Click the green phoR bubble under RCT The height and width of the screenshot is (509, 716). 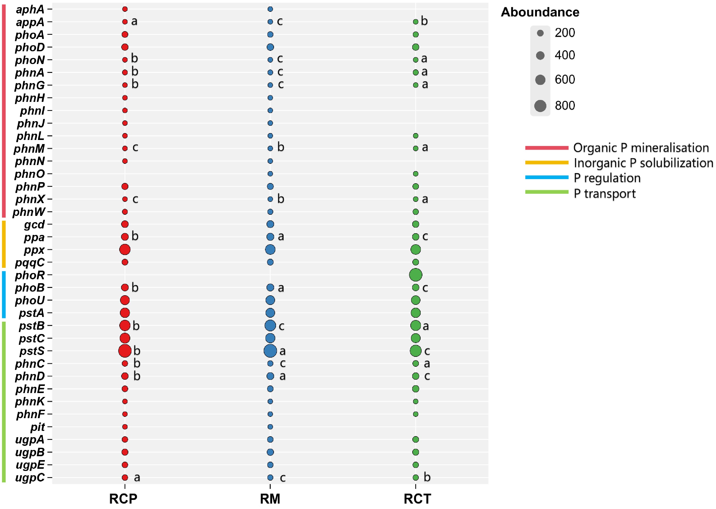click(x=415, y=275)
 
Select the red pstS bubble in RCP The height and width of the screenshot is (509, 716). click(x=125, y=351)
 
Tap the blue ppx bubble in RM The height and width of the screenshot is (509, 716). click(x=270, y=249)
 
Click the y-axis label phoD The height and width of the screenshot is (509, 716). click(x=30, y=47)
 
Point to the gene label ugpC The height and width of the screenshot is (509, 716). click(x=30, y=478)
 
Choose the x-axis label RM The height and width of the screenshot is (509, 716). click(x=270, y=499)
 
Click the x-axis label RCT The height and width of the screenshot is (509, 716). click(x=417, y=499)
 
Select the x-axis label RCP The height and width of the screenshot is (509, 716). click(x=123, y=499)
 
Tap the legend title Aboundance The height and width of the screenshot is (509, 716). click(x=540, y=12)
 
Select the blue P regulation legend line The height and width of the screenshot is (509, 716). click(x=547, y=177)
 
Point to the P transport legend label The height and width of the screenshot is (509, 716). click(x=604, y=193)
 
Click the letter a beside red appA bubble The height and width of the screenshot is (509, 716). click(x=134, y=21)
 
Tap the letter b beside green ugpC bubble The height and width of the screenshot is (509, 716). click(x=427, y=477)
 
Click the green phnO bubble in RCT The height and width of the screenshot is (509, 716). click(x=415, y=174)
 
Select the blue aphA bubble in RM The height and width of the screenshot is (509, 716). click(x=270, y=9)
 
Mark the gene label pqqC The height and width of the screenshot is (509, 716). click(x=30, y=262)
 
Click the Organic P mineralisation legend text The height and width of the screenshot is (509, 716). click(x=641, y=148)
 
